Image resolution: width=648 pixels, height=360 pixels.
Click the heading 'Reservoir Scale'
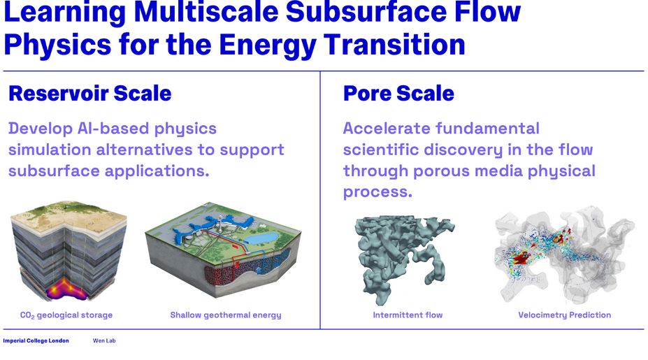pyautogui.click(x=89, y=93)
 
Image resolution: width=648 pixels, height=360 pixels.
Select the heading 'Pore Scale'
pyautogui.click(x=398, y=93)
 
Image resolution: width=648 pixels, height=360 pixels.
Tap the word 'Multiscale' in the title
pyautogui.click(x=206, y=13)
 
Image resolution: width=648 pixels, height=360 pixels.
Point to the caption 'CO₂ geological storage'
pyautogui.click(x=66, y=315)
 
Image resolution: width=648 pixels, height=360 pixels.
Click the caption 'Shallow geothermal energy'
pyautogui.click(x=226, y=315)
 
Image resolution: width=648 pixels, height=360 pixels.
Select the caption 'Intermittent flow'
pyautogui.click(x=408, y=315)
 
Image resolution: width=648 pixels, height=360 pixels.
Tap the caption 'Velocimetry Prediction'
pyautogui.click(x=565, y=315)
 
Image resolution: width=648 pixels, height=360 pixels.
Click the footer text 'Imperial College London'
pyautogui.click(x=36, y=340)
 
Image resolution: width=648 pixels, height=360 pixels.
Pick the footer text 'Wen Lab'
pyautogui.click(x=104, y=340)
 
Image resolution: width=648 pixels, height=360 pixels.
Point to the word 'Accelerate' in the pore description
pyautogui.click(x=386, y=129)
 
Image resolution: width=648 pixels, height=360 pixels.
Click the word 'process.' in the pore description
pyautogui.click(x=377, y=192)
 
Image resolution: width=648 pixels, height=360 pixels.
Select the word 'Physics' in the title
pyautogui.click(x=57, y=45)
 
